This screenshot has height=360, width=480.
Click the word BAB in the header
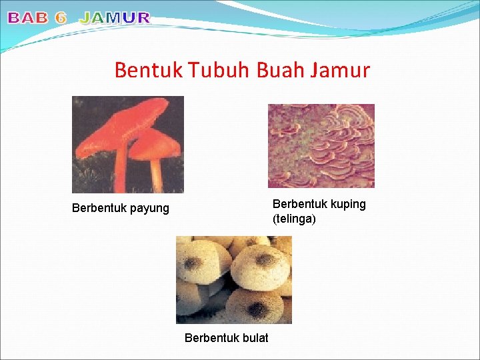pos(29,19)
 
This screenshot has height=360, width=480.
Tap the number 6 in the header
pos(61,19)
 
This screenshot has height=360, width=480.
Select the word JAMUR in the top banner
pos(115,19)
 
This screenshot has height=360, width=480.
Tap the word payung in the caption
pos(149,209)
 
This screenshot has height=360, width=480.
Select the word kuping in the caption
pos(347,205)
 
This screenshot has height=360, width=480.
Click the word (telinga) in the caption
pos(294,219)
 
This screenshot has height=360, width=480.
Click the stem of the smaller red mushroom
pos(156,175)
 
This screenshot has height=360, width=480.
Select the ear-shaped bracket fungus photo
pos(321,145)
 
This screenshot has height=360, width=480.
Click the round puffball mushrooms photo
pos(233,279)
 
